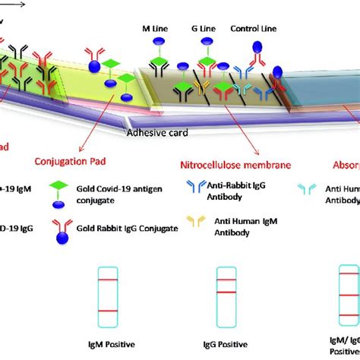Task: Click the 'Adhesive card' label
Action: pyautogui.click(x=156, y=131)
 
